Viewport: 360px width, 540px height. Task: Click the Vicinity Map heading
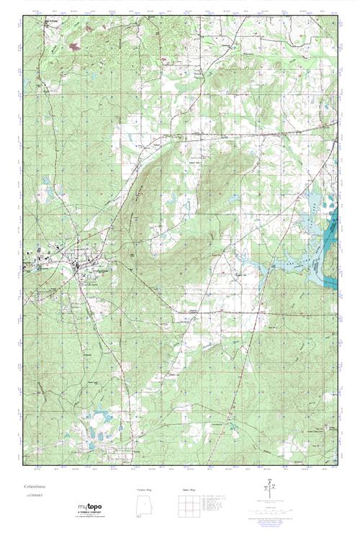[145, 489]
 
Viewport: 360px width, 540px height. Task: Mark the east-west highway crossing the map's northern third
[216, 134]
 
